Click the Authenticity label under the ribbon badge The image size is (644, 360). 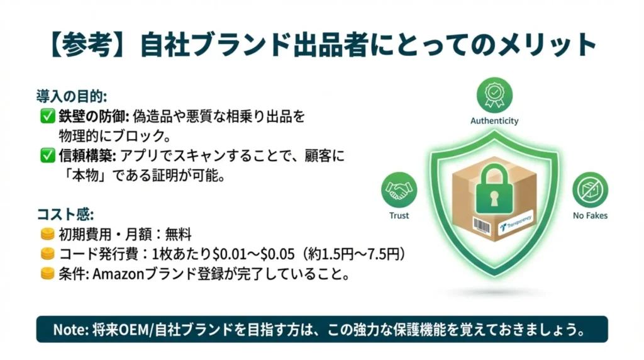click(x=494, y=120)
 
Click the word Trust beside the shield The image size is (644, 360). click(x=399, y=215)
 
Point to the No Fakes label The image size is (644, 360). click(x=590, y=215)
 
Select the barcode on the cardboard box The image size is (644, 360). click(x=482, y=225)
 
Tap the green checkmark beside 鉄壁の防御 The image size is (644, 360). click(x=47, y=116)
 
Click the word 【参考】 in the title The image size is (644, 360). click(x=89, y=45)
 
